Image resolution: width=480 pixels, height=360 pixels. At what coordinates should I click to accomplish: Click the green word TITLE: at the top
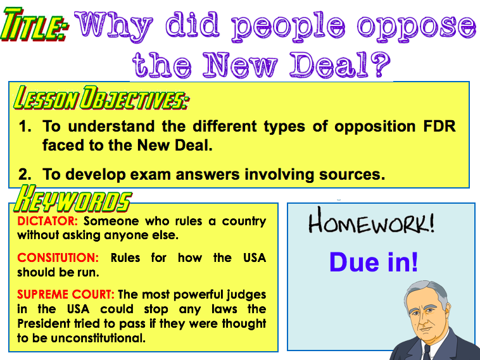[x=34, y=25]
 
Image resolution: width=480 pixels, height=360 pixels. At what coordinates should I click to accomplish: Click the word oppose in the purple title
[x=416, y=27]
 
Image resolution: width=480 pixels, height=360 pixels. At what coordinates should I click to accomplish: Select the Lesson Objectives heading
[x=101, y=98]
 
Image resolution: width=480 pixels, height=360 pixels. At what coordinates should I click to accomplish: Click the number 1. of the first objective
[x=25, y=127]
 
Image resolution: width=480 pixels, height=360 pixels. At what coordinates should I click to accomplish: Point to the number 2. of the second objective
[x=25, y=175]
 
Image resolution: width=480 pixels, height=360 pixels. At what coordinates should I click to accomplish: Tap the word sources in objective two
[x=352, y=175]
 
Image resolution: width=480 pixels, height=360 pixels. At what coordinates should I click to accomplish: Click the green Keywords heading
[x=73, y=199]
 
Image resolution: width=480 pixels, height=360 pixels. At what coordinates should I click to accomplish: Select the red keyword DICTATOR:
[x=47, y=221]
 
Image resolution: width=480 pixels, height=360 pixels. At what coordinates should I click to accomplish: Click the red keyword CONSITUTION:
[x=58, y=258]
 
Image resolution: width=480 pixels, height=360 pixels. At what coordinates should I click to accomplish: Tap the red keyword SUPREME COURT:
[x=66, y=294]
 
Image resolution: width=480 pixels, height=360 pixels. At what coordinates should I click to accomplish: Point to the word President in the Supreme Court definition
[x=44, y=323]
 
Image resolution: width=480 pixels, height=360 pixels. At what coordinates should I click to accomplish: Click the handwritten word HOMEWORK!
[x=371, y=220]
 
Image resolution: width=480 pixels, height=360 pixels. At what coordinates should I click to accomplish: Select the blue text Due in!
[x=374, y=262]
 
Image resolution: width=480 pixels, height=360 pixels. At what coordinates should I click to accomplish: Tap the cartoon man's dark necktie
[x=426, y=352]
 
